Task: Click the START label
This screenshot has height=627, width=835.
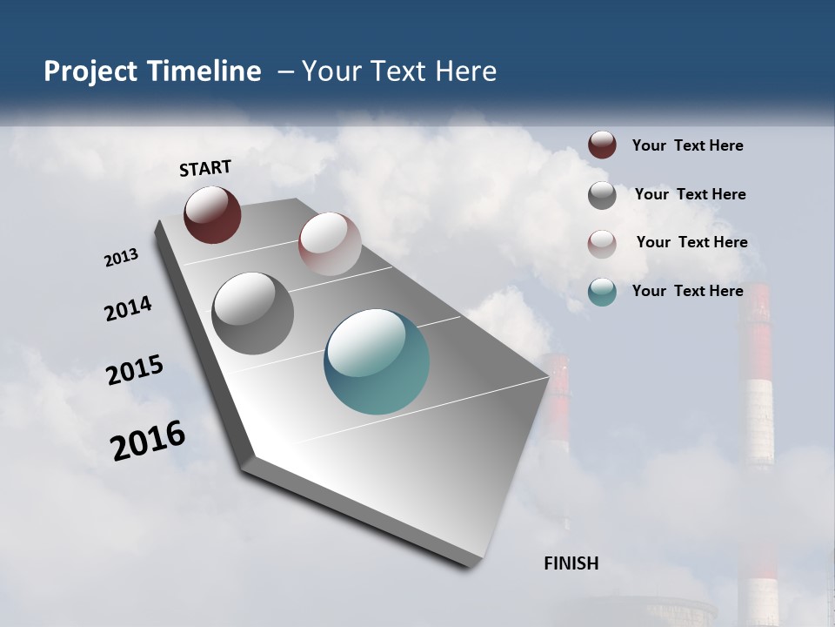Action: pos(205,168)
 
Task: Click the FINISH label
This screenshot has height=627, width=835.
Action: pos(571,563)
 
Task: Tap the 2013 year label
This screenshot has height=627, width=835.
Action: pos(122,258)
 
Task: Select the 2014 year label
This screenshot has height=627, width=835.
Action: pos(128,309)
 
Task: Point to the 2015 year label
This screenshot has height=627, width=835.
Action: pos(135,370)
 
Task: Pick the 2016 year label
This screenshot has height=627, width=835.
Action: pos(148,440)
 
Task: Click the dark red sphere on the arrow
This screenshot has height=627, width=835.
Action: pos(212,214)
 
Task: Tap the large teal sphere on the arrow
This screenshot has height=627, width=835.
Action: pos(377,361)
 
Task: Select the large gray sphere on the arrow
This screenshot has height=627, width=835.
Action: pos(253,313)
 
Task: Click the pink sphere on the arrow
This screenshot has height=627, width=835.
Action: pos(330,244)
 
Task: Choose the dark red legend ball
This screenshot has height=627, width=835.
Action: pos(602,145)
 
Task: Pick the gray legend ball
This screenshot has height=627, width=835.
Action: pos(602,195)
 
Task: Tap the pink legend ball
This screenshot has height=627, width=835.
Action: pos(602,244)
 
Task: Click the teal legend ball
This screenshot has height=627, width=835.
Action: pos(602,292)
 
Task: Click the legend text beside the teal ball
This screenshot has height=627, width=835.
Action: pos(687,291)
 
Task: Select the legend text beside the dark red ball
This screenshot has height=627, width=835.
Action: pos(687,145)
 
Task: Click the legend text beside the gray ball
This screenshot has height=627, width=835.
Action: pos(690,194)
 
